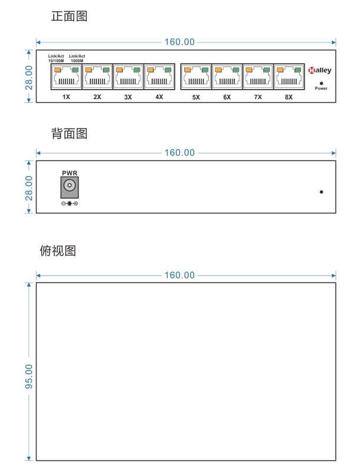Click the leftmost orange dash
click(57, 70)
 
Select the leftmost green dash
click(75, 70)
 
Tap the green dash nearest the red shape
click(297, 70)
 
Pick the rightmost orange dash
click(280, 70)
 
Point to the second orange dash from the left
click(88, 70)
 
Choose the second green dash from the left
click(106, 70)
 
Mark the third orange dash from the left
click(119, 70)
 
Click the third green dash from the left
click(136, 70)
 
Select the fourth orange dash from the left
click(150, 70)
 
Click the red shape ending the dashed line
click(312, 70)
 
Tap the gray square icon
click(70, 187)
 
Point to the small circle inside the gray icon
click(70, 185)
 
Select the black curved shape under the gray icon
click(70, 204)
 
